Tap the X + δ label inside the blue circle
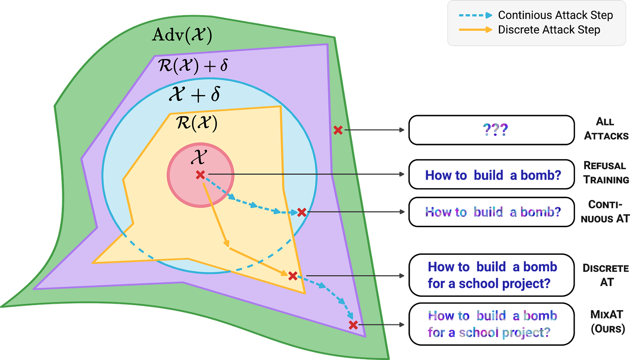tap(194, 95)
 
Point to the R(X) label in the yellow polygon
tap(196, 124)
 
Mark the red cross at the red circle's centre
tap(200, 175)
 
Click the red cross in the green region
tap(338, 129)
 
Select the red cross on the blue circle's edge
tap(302, 212)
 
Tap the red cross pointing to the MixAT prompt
tap(353, 325)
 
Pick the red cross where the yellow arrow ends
tap(292, 275)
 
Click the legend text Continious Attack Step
tap(555, 16)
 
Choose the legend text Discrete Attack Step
tap(549, 30)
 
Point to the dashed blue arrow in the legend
tap(475, 16)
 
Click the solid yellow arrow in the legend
tap(475, 30)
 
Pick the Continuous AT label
tap(606, 211)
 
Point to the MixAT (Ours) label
tap(607, 322)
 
